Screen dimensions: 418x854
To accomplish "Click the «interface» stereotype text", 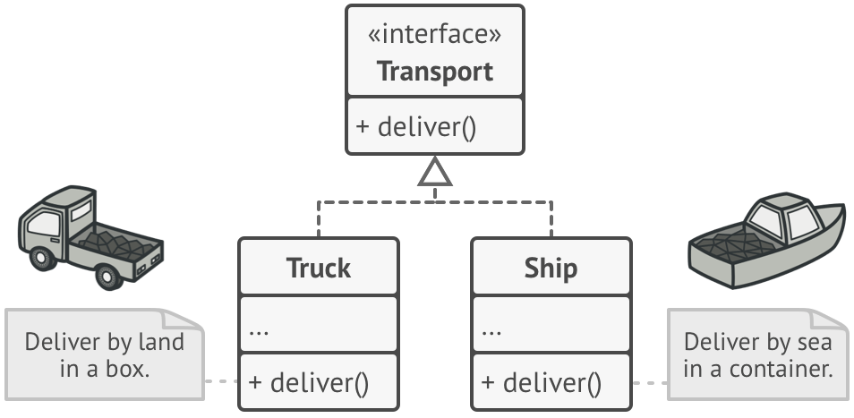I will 435,35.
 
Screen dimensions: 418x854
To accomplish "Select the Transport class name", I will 435,72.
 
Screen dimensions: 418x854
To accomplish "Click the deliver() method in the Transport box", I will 416,126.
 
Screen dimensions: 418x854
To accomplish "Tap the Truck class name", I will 319,268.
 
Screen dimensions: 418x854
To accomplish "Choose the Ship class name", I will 551,268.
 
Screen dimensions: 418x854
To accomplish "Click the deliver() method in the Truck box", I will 309,382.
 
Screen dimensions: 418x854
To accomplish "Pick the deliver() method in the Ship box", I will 542,382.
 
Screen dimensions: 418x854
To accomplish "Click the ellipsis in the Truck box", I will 259,329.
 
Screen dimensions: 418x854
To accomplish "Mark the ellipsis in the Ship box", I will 491,329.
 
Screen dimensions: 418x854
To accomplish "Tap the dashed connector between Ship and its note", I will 650,382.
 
